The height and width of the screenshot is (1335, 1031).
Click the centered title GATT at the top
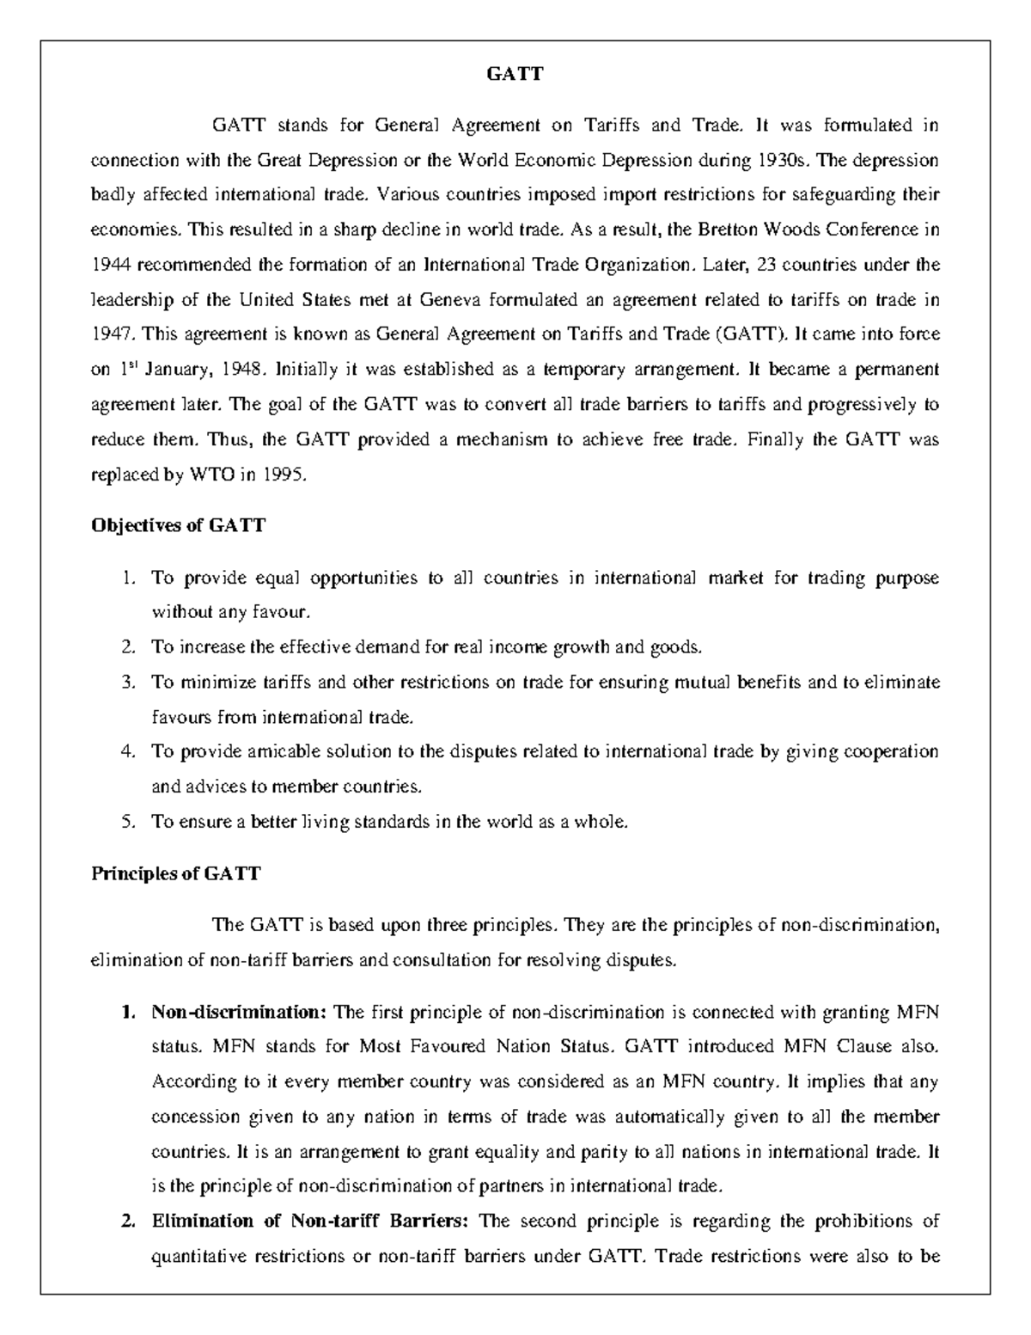pyautogui.click(x=515, y=74)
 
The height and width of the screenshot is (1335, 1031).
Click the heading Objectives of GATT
pyautogui.click(x=178, y=525)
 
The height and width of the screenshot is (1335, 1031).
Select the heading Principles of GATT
pyautogui.click(x=175, y=874)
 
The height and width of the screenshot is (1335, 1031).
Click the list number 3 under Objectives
pyautogui.click(x=127, y=683)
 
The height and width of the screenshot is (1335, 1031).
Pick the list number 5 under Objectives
pyautogui.click(x=127, y=822)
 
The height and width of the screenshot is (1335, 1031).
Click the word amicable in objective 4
pyautogui.click(x=284, y=751)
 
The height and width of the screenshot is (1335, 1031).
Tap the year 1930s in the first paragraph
pyautogui.click(x=783, y=161)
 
